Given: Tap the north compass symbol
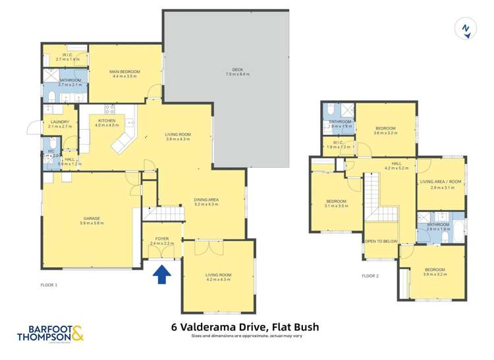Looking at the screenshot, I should click(465, 29).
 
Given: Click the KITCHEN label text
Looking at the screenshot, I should click(107, 120).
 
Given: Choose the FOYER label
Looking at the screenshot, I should click(161, 238).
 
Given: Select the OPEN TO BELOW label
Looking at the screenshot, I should click(381, 242).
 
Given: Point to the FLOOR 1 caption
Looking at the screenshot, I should click(49, 284).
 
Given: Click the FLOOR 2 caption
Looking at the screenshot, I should click(370, 275).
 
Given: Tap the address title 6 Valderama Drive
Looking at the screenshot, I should click(245, 326).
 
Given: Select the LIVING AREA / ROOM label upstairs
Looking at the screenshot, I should click(442, 182).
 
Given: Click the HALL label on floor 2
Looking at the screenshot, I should click(397, 163).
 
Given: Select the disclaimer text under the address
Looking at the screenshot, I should click(246, 336).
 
